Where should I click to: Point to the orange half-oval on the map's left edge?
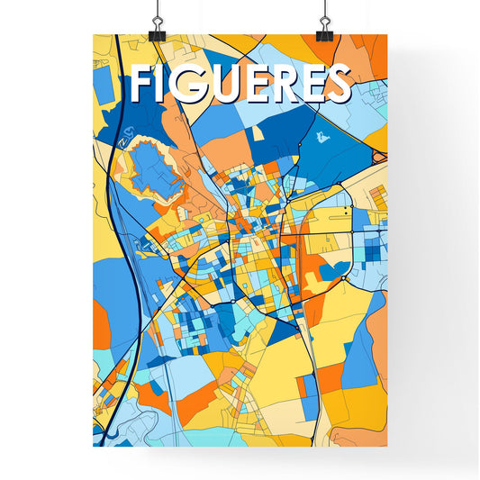click(101, 325)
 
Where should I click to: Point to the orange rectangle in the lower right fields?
click(331, 377)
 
